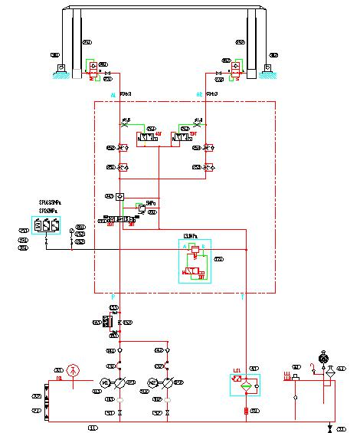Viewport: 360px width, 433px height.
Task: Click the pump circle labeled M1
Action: pos(106,382)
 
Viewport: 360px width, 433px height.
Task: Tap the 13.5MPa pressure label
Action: pos(191,235)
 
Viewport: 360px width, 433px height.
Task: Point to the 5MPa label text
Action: pos(150,204)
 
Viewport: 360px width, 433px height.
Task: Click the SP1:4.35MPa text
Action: pos(50,203)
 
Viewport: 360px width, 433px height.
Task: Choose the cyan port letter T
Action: pos(242,296)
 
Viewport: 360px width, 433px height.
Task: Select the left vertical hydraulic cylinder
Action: pos(76,42)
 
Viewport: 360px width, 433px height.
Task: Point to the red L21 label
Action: pos(237,371)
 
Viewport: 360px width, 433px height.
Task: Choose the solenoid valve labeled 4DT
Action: pos(146,138)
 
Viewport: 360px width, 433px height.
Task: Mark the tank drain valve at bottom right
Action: pos(329,426)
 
